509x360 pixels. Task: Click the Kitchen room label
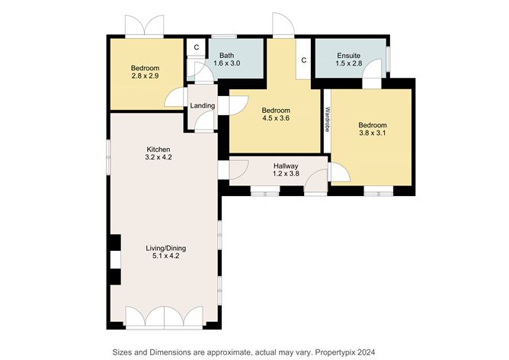158,149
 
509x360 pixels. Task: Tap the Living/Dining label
166,248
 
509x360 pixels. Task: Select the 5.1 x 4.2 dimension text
166,256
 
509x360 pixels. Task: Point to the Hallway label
286,166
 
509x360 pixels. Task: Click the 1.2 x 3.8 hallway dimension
286,173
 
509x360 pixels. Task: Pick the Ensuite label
349,56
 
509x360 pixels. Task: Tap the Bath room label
226,56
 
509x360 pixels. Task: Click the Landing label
203,105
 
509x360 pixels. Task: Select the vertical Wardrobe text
327,119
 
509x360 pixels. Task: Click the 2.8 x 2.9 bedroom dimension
145,76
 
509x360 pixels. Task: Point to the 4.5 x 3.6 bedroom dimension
276,118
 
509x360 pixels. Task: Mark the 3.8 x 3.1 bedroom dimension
373,133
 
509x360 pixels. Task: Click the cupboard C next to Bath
197,47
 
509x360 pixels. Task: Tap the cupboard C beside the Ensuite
304,60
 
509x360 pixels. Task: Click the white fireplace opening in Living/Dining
116,259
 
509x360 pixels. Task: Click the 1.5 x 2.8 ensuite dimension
349,63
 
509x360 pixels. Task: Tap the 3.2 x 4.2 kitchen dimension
158,157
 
